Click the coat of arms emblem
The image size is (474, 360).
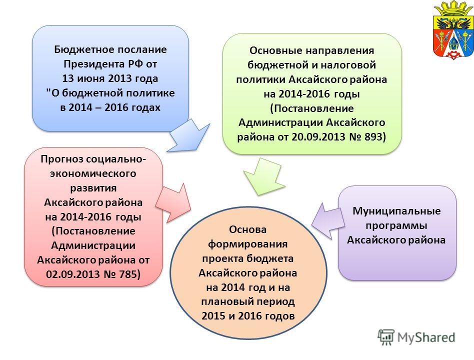click(x=453, y=30)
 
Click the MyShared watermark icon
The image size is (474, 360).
click(x=386, y=337)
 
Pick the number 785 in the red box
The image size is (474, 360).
click(x=129, y=274)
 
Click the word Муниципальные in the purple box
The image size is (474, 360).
click(x=396, y=211)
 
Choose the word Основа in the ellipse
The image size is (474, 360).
click(x=247, y=229)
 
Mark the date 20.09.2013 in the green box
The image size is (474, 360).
click(x=318, y=136)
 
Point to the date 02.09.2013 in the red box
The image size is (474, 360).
click(x=73, y=274)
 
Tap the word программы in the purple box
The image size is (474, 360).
click(x=396, y=226)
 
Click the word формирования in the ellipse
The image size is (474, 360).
click(x=247, y=244)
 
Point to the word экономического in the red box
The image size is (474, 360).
click(x=93, y=173)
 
